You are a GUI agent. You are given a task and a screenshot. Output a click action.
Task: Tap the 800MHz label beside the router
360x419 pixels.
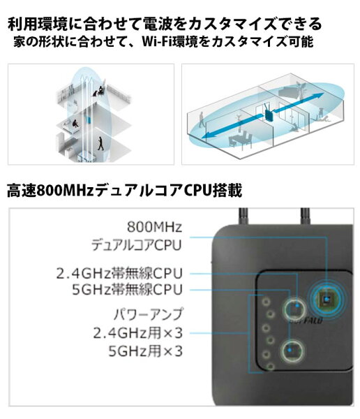click(154, 227)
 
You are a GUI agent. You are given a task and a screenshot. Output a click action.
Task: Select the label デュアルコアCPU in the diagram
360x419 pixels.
click(137, 245)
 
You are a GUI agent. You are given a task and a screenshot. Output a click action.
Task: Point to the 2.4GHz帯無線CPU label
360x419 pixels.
click(119, 273)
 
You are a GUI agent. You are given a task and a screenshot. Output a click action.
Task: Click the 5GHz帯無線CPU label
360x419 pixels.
click(128, 289)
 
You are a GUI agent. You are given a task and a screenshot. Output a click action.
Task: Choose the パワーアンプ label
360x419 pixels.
click(148, 314)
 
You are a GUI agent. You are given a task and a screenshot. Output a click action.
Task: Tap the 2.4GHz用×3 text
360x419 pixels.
click(138, 333)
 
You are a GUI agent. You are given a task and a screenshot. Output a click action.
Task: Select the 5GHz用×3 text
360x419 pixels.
click(146, 351)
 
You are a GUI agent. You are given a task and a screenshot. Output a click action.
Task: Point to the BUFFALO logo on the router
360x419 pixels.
click(306, 320)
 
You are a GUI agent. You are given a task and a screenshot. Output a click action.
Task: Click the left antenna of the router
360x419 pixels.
click(243, 216)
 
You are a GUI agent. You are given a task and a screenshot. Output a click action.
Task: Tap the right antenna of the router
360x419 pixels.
click(305, 216)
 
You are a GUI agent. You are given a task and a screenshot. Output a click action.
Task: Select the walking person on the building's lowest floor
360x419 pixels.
click(100, 143)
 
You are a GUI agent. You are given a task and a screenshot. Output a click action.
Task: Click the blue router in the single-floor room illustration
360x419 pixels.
click(269, 112)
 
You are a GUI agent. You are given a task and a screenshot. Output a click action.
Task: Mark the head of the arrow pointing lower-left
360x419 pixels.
click(207, 135)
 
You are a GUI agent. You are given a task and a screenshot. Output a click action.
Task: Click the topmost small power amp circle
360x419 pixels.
click(266, 302)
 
